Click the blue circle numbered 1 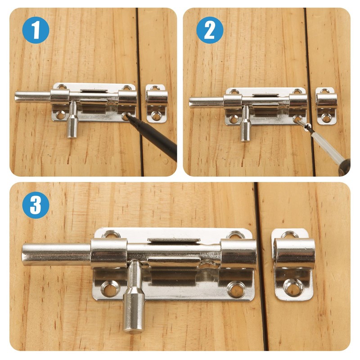tap(35, 30)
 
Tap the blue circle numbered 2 tap(210, 30)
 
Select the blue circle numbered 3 tap(35, 205)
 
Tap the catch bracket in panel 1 tap(157, 103)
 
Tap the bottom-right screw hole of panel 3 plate tap(236, 289)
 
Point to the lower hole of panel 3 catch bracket tap(293, 287)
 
